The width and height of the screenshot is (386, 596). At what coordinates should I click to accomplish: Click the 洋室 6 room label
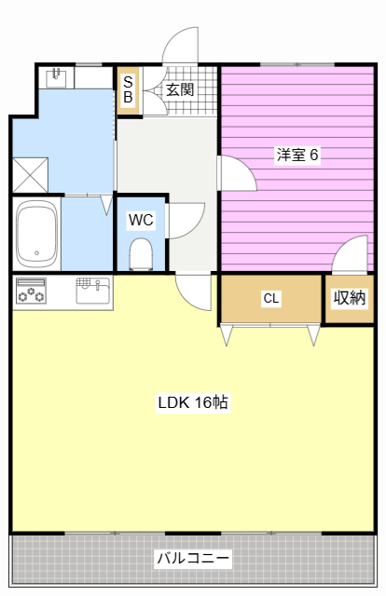[296, 155]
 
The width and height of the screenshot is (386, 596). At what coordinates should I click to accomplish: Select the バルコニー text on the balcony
[193, 559]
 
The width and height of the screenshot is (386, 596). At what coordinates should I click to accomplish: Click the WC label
[141, 220]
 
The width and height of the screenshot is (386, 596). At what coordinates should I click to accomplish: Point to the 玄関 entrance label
[180, 90]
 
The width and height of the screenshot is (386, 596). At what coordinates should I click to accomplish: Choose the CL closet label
[270, 298]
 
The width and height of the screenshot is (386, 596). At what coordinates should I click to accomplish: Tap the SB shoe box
[128, 90]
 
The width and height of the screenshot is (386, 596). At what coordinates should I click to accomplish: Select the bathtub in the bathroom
[36, 233]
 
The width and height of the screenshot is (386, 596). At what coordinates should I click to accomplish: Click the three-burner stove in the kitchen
[31, 292]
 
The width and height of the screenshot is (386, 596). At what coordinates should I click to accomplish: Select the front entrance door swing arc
[181, 45]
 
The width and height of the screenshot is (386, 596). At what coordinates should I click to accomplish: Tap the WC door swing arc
[185, 220]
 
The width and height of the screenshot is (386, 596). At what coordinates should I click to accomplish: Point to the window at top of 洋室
[298, 64]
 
